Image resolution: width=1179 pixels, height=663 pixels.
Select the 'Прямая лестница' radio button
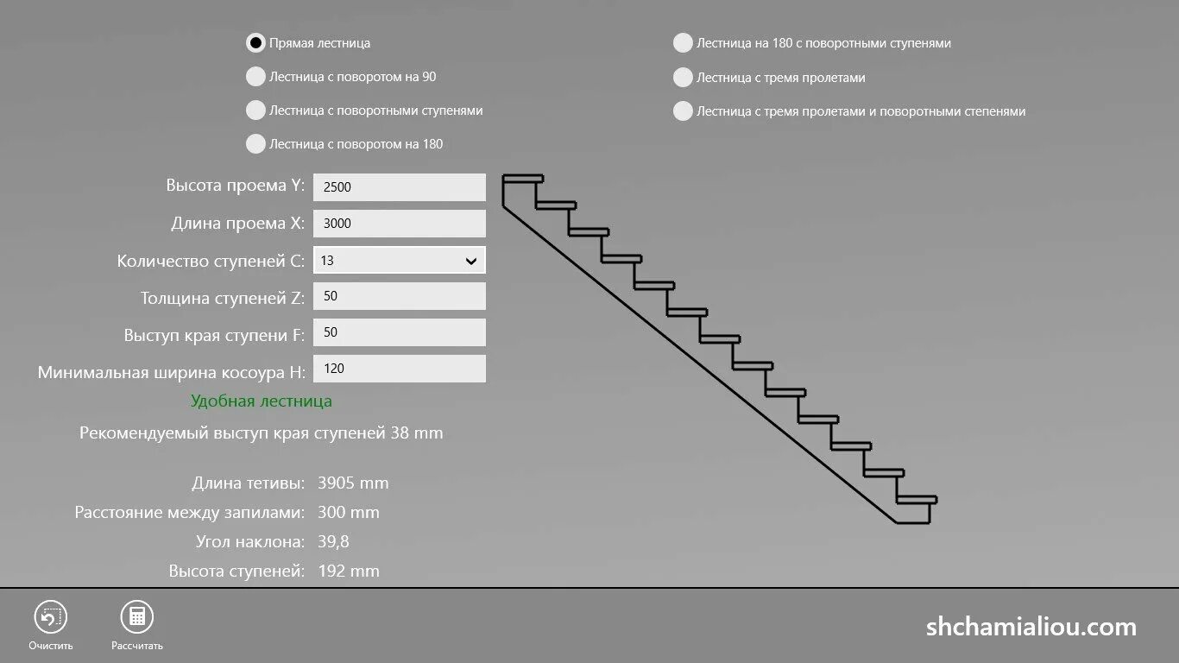tap(255, 43)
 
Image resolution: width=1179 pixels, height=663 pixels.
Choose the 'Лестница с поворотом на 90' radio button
tap(255, 77)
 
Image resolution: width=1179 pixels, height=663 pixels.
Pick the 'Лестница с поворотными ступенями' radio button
tap(255, 110)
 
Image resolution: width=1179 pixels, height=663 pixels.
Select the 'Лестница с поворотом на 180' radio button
tap(255, 144)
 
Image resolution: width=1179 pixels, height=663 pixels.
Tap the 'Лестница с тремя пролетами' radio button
tap(683, 78)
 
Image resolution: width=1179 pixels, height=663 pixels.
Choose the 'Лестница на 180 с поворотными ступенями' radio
tap(683, 43)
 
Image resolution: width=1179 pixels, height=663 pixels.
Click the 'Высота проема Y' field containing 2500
tap(399, 187)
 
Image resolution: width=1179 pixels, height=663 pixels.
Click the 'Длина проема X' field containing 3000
tap(399, 224)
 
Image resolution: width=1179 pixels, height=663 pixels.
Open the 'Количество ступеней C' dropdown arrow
tap(471, 261)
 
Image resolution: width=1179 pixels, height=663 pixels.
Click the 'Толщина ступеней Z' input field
tap(399, 296)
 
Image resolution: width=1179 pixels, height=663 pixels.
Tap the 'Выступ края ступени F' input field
tap(399, 332)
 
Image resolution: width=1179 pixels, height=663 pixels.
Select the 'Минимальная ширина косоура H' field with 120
tap(399, 369)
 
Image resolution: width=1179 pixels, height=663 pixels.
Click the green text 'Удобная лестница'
tap(262, 401)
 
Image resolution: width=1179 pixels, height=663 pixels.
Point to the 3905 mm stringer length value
tap(353, 483)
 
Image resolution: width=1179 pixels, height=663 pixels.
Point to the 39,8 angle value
tap(333, 542)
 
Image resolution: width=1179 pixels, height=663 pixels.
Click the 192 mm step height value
tap(349, 571)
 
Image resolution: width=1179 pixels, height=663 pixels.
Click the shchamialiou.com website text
tap(1031, 627)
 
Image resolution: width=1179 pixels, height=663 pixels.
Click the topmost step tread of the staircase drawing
tap(523, 179)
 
